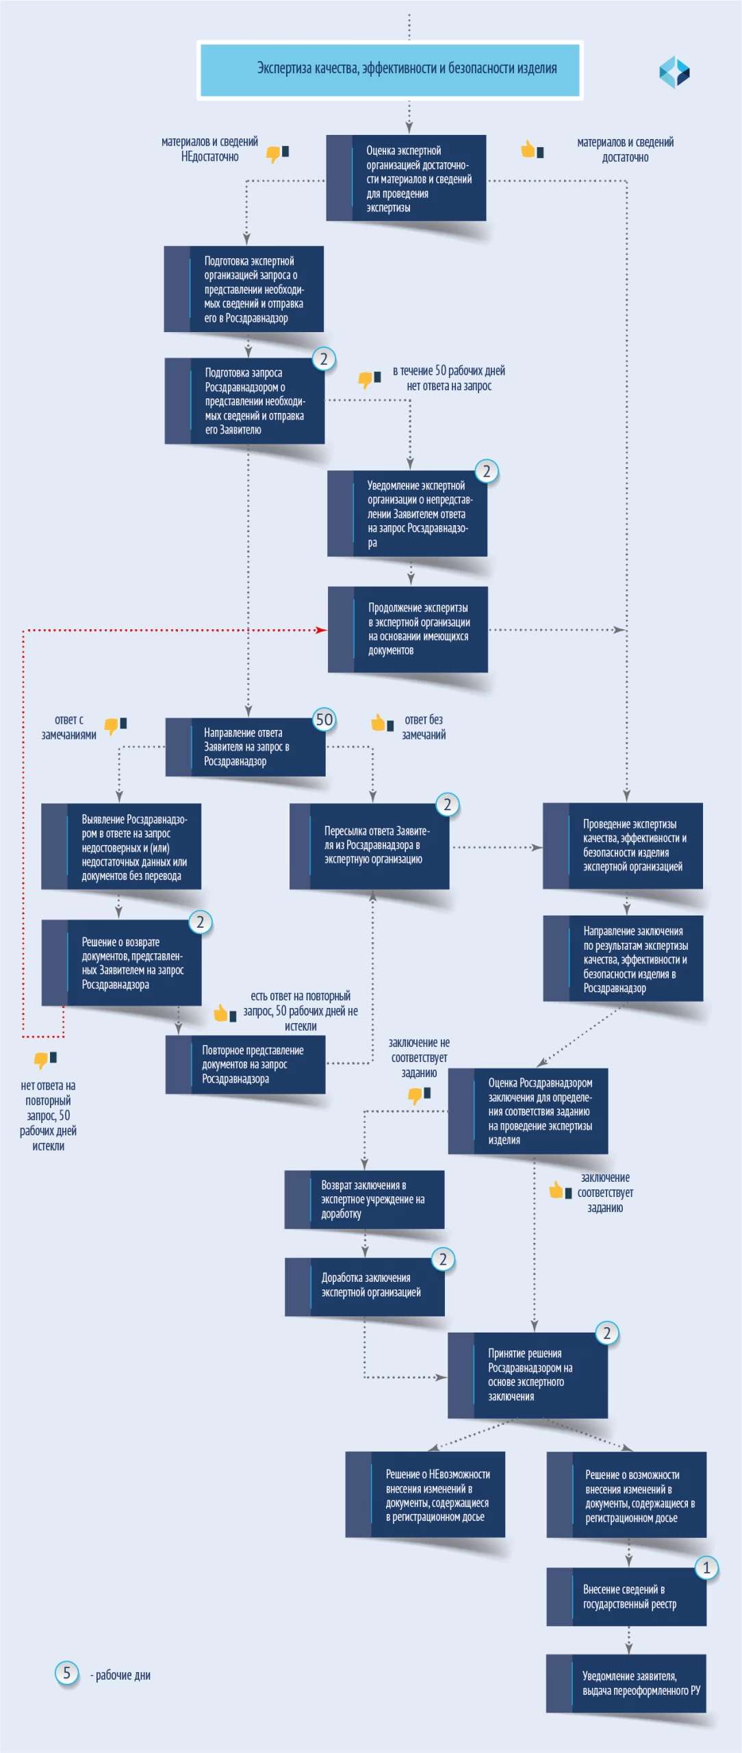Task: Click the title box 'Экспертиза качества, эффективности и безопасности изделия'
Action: [390, 70]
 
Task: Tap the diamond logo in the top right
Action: [674, 72]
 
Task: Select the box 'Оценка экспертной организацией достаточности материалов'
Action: [406, 178]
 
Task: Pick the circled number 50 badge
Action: [324, 720]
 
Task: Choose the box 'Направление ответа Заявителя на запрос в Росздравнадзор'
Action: [245, 747]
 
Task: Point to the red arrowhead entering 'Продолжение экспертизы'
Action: [322, 630]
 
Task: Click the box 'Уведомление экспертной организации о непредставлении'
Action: [407, 514]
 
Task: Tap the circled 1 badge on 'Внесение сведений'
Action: [706, 1568]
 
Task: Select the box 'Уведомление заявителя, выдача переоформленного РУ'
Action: [626, 1684]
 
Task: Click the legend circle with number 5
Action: [66, 1674]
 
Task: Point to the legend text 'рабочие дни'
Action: [123, 1676]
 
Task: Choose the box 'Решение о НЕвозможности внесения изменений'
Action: [425, 1495]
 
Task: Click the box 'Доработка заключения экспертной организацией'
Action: [365, 1286]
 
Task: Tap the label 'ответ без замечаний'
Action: [424, 727]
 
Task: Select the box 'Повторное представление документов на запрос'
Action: [245, 1065]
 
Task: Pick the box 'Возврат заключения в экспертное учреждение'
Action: [365, 1200]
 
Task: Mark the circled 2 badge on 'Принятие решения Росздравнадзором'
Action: [606, 1333]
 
